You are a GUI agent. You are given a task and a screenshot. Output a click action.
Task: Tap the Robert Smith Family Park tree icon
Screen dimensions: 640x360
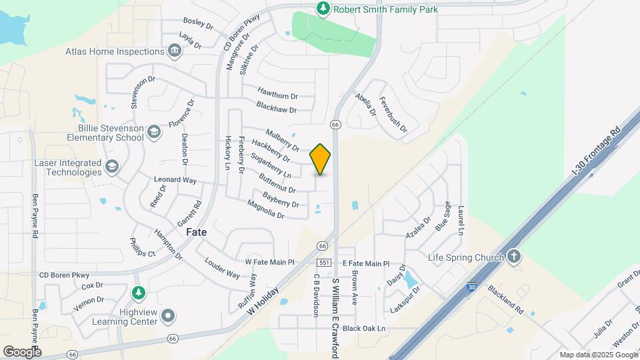click(323, 8)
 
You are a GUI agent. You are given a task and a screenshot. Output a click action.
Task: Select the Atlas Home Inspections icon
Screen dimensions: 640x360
click(174, 51)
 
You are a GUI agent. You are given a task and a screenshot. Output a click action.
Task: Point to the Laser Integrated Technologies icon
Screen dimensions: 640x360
click(112, 167)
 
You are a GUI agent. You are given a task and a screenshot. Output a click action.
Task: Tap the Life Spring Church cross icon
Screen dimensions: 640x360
click(514, 257)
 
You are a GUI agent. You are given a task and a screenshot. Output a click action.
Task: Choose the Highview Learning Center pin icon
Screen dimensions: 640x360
click(168, 315)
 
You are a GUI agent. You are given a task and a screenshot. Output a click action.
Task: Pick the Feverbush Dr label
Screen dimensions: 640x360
click(392, 114)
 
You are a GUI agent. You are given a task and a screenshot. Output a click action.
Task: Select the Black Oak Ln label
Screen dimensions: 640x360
click(364, 328)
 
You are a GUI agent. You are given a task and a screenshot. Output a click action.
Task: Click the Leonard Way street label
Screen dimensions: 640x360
click(175, 180)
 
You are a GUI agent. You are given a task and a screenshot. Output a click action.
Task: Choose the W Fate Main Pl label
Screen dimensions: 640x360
click(270, 262)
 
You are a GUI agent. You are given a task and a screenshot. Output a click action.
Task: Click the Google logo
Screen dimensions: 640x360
click(22, 351)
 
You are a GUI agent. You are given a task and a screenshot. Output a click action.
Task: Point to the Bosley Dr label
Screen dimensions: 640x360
click(197, 23)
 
